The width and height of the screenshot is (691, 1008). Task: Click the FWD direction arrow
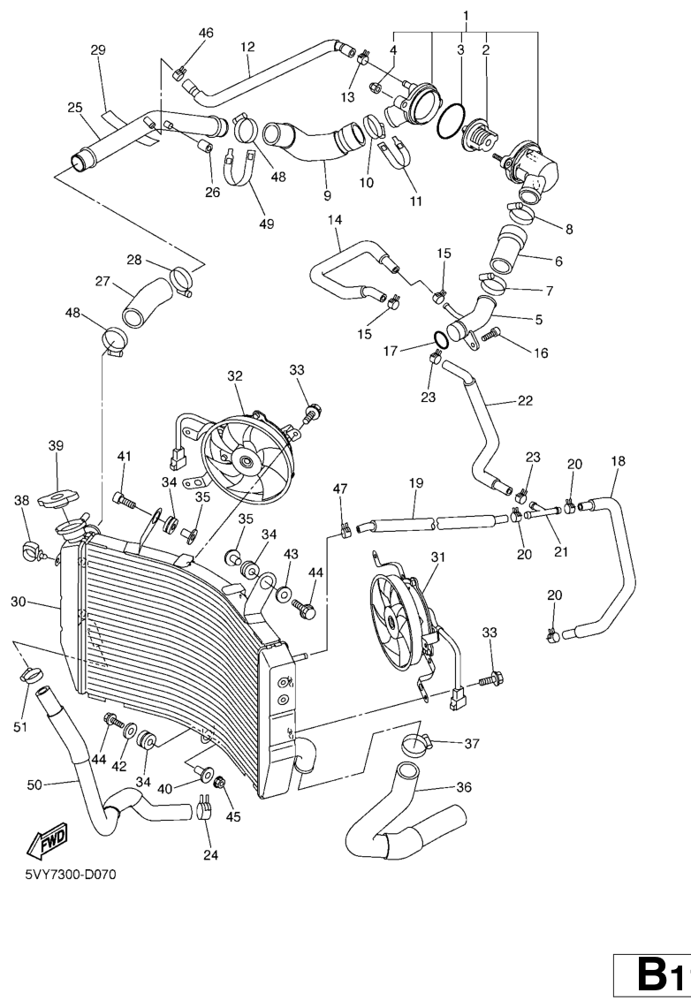pos(48,844)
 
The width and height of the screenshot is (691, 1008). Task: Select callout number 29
pos(98,50)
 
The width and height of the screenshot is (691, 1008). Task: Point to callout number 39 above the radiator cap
pos(56,445)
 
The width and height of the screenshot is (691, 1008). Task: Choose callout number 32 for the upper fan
pos(235,375)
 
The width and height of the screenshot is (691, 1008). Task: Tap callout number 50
pos(34,784)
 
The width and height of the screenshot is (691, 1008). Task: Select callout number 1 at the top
pos(466,15)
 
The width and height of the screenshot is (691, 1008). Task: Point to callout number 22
pos(525,400)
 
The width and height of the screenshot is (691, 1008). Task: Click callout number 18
pos(617,460)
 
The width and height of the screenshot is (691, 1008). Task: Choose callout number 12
pos(247,46)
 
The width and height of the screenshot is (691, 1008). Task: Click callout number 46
pos(206,34)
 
